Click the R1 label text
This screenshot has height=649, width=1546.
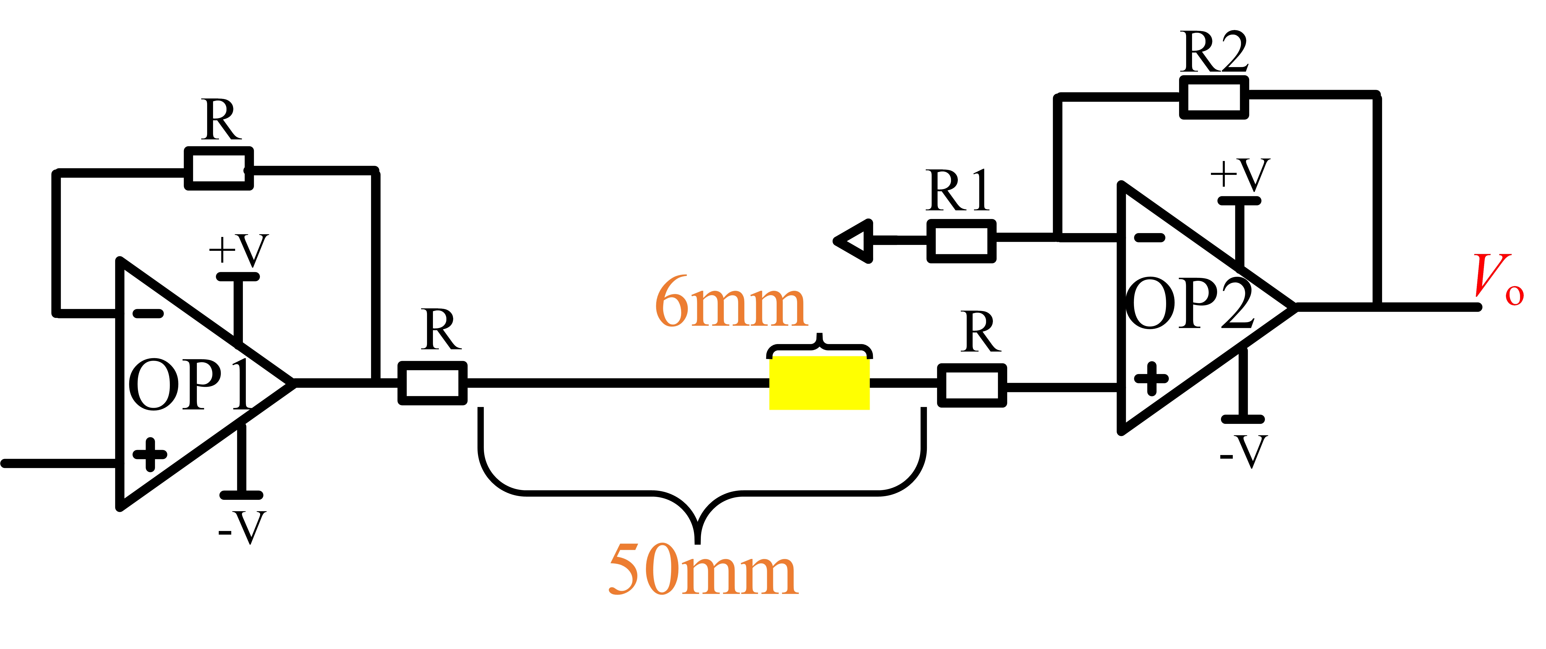(958, 191)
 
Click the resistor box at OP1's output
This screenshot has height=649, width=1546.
(432, 383)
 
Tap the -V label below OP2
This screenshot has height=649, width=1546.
(1243, 452)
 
